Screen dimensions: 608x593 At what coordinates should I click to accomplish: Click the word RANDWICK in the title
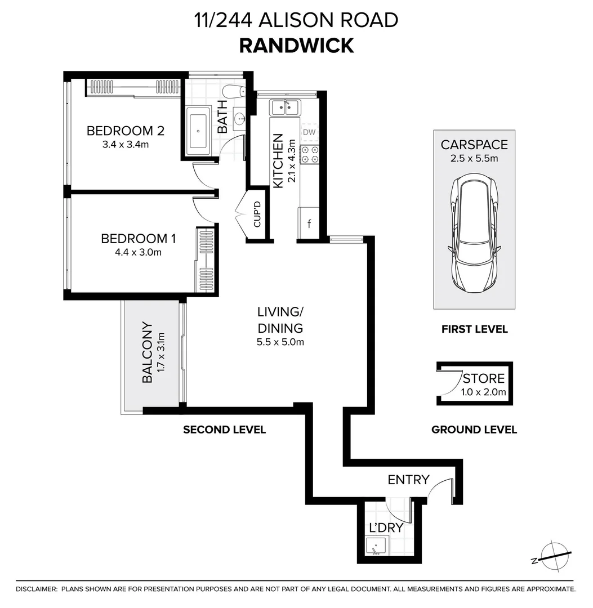(296, 45)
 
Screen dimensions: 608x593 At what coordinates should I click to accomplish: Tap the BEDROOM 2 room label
(125, 131)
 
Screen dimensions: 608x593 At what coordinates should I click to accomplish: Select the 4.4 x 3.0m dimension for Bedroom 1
(138, 252)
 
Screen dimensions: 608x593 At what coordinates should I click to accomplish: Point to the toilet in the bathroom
(232, 91)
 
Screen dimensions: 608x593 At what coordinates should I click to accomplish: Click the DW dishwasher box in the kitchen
(309, 132)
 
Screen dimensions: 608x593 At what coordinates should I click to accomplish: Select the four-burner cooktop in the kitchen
(309, 155)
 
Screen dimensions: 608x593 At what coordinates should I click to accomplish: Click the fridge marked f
(309, 223)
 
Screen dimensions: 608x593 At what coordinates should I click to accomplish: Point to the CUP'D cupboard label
(257, 214)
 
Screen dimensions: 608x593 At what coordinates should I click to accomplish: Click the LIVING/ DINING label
(280, 320)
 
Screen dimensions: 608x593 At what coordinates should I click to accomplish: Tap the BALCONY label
(148, 352)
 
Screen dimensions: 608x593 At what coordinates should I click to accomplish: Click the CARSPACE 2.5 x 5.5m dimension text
(474, 158)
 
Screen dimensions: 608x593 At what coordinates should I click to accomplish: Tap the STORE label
(484, 378)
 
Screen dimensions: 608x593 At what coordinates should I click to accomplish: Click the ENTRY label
(408, 480)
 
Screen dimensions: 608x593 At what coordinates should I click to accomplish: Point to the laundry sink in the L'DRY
(376, 546)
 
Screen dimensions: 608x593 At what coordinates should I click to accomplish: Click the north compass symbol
(553, 557)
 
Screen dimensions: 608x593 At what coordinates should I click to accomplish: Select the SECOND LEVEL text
(224, 430)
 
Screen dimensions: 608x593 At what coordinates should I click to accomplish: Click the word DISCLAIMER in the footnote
(37, 589)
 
